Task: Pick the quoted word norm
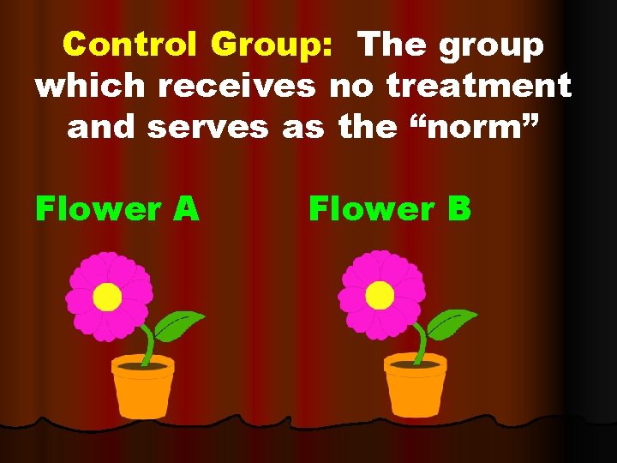[x=466, y=126]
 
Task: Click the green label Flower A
[x=117, y=207]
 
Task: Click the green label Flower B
[x=390, y=207]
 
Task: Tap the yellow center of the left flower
[x=107, y=297]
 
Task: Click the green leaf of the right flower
[x=452, y=324]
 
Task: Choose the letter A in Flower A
[x=187, y=207]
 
